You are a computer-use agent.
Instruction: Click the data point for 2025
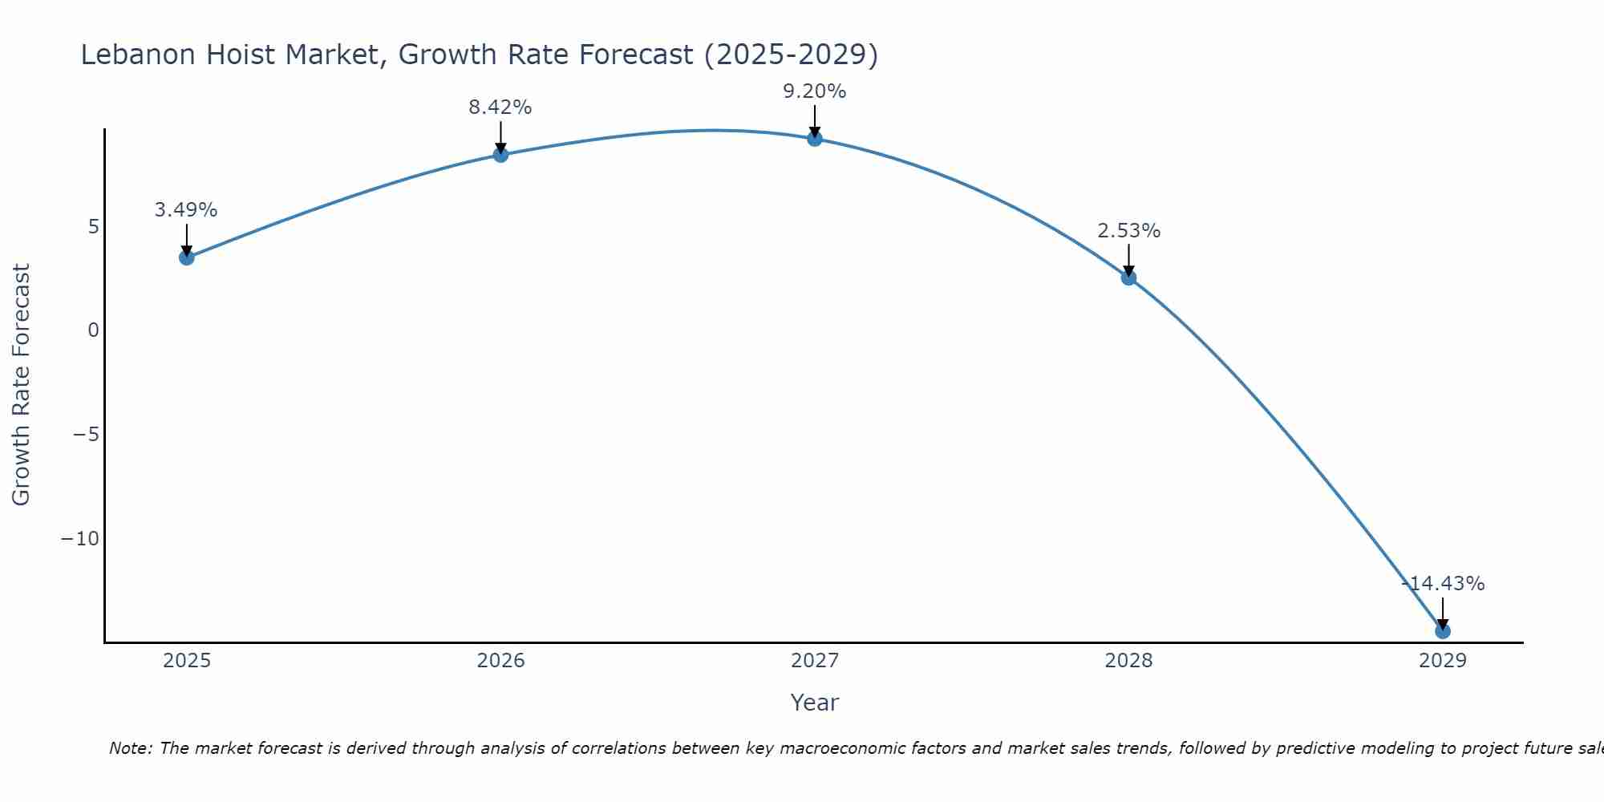pos(187,257)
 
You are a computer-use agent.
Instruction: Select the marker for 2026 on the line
pos(500,155)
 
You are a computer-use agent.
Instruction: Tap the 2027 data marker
pos(815,139)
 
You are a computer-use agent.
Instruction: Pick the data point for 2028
pos(1128,277)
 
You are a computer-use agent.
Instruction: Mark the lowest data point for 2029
pos(1443,631)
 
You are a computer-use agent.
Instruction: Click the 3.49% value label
pos(186,210)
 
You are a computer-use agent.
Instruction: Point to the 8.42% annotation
pos(500,107)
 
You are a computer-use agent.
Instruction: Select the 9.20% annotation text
pos(815,91)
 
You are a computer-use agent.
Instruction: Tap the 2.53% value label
pos(1128,231)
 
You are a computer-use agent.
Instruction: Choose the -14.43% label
pos(1443,584)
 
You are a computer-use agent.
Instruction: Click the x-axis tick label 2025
pos(187,661)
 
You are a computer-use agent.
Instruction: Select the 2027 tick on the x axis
pos(815,661)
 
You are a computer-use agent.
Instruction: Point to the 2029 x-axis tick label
pos(1443,661)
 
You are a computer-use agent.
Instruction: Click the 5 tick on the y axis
pos(94,227)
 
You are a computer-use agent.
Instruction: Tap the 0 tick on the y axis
pos(94,330)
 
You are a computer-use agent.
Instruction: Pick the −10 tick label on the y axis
pos(80,539)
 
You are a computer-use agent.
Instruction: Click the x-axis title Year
pos(815,703)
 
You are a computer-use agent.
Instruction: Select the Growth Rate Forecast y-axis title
pos(21,385)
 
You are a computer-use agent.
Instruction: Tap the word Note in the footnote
pos(130,748)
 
